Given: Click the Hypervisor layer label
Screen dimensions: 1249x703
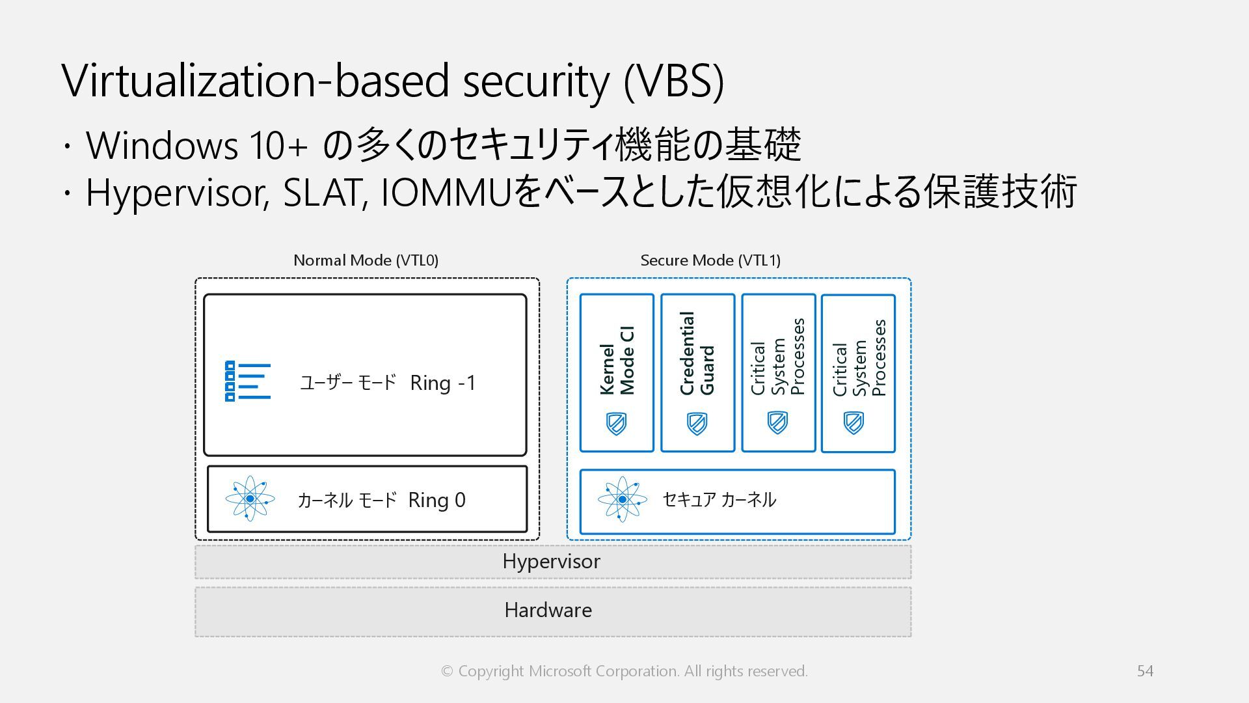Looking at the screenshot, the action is click(551, 561).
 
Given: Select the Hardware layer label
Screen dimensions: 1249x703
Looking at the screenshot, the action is click(548, 610).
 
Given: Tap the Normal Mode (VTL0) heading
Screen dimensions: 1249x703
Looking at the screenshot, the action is click(366, 260).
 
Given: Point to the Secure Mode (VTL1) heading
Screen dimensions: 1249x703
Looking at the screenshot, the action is click(710, 260).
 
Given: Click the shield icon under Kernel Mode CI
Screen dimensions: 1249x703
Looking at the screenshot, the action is click(616, 424).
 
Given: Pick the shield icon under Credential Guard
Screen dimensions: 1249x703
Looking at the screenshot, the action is click(697, 424).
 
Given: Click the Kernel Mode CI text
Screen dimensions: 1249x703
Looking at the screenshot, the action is click(617, 361).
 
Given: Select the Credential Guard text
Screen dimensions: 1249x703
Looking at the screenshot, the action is click(697, 353).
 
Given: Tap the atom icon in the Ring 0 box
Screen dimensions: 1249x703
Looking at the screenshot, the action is click(250, 499).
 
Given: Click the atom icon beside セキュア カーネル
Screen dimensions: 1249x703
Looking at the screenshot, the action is click(623, 499).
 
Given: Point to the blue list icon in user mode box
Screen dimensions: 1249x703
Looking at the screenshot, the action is click(248, 381).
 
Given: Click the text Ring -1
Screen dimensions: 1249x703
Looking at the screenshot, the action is click(443, 383).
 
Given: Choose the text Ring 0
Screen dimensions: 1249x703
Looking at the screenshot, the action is click(436, 500).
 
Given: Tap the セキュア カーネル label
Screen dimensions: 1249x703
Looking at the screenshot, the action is click(719, 499).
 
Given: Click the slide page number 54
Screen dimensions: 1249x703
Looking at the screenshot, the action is click(1145, 670).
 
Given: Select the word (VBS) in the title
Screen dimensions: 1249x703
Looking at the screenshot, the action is click(674, 81).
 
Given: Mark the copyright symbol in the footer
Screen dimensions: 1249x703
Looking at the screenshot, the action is click(447, 671).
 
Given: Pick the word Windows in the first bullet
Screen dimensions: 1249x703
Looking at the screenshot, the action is click(162, 145).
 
